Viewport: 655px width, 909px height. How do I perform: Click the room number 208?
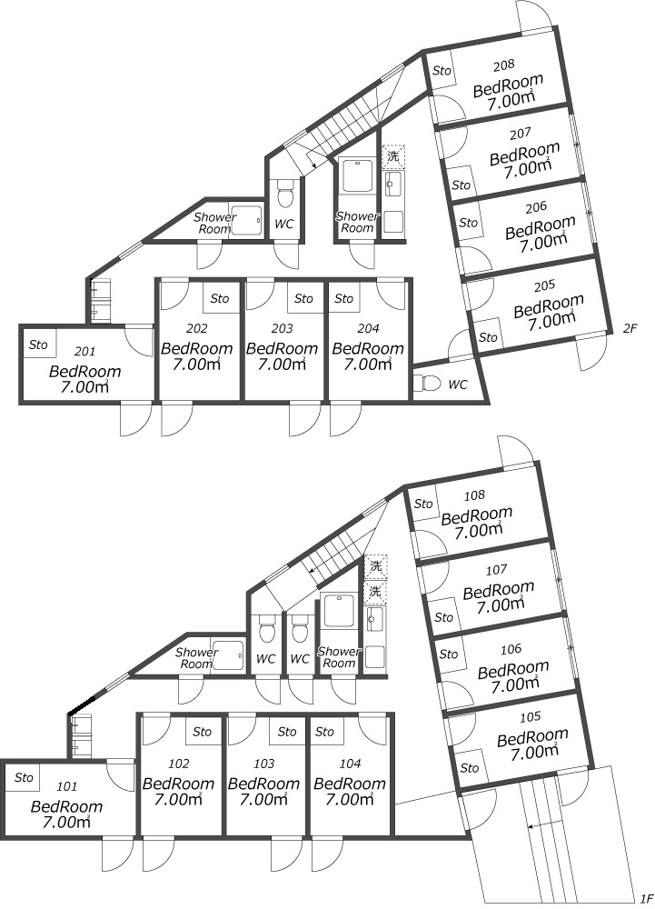(x=504, y=65)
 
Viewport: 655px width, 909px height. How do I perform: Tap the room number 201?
(x=83, y=351)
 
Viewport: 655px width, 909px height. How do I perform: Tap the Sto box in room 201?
(x=38, y=345)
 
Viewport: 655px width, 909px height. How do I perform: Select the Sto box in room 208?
(x=442, y=70)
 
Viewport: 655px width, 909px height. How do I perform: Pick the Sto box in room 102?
(x=203, y=732)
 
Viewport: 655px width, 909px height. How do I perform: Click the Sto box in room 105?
(x=469, y=768)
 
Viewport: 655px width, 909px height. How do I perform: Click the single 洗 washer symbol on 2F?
(x=392, y=157)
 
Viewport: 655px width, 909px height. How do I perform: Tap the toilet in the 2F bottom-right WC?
(x=426, y=382)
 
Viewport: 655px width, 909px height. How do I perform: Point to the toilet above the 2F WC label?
(x=285, y=193)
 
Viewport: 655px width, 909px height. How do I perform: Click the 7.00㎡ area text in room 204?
(x=367, y=365)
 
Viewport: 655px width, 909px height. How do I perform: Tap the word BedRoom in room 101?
(x=66, y=806)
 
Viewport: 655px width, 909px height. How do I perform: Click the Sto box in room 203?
(x=303, y=298)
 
